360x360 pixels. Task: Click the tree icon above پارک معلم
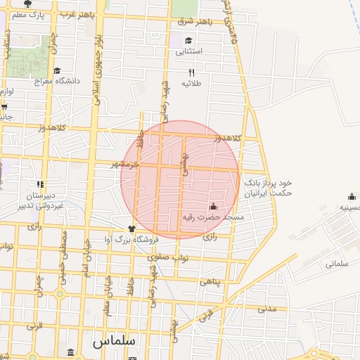tap(27, 4)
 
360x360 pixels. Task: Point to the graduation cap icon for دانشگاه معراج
tap(57, 70)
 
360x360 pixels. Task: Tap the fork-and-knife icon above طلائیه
tap(191, 72)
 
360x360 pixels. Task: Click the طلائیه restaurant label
tap(191, 84)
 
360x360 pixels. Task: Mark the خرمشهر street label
tap(126, 164)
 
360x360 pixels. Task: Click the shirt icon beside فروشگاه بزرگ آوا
tap(131, 229)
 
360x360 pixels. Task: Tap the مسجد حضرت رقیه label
tap(213, 218)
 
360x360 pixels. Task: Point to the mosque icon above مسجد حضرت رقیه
tap(213, 207)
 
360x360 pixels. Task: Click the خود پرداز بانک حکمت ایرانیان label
tap(267, 188)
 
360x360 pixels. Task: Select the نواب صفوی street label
tap(169, 257)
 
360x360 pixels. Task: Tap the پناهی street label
tap(210, 281)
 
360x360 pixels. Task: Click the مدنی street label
tap(266, 308)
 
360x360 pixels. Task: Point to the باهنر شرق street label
tap(194, 21)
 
